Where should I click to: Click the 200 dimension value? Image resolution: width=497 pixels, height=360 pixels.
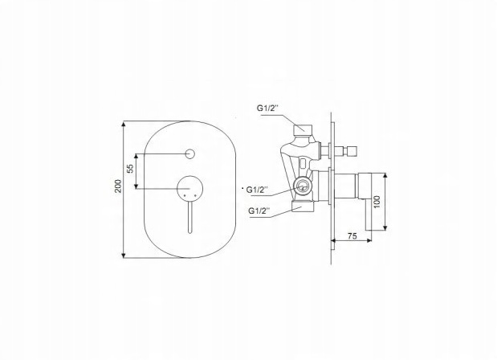pos(118,186)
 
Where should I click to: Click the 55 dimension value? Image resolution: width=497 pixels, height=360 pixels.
pos(130,169)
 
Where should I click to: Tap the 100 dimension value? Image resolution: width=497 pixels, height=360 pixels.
pos(377,202)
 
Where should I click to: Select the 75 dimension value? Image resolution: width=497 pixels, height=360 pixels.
pos(352,236)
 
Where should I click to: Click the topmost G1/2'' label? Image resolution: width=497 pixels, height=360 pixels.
pos(267,108)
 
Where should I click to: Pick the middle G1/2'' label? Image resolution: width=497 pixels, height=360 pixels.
pos(258,190)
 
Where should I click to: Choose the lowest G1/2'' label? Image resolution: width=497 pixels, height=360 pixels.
pos(259,211)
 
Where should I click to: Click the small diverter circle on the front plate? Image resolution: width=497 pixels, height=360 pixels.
pos(190,153)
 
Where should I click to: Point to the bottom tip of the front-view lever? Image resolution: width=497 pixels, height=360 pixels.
pos(189,233)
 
